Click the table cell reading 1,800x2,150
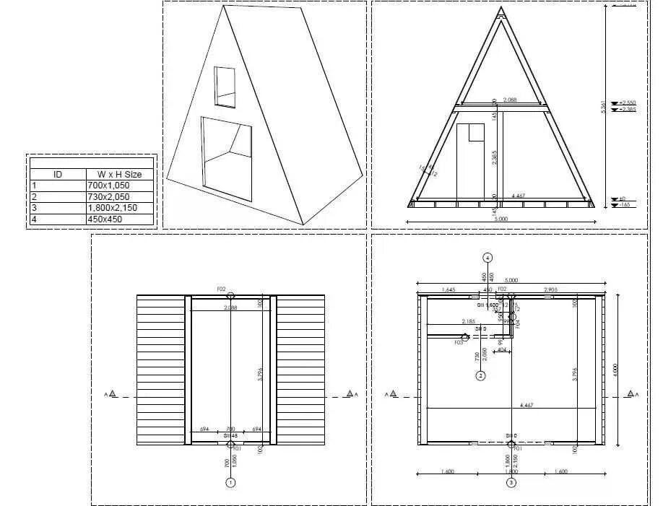[116, 207]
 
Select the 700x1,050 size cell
[116, 186]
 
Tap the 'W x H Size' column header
[116, 174]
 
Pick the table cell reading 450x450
[116, 219]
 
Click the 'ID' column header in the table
[58, 174]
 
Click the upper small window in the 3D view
[225, 85]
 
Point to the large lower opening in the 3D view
[226, 158]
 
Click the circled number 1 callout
[231, 481]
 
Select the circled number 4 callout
[488, 257]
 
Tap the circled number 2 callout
[480, 375]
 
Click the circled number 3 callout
[511, 481]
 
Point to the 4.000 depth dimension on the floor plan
[615, 368]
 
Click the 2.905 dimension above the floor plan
[550, 289]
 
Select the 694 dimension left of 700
[204, 429]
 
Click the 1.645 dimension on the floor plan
[448, 289]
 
